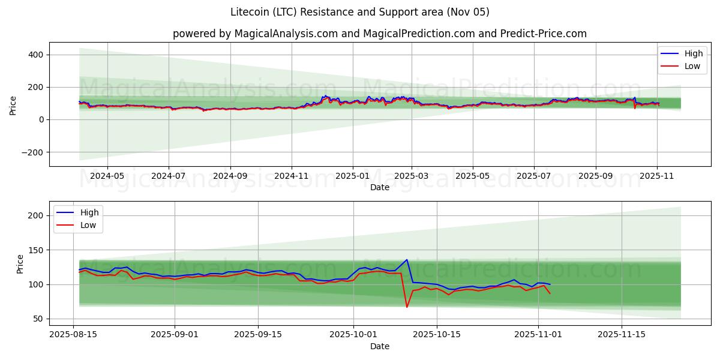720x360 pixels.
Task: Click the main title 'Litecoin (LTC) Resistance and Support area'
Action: [360, 12]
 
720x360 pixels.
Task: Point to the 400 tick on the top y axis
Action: [35, 55]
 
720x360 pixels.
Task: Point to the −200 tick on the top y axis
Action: [31, 152]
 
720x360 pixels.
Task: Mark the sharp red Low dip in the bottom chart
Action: [407, 307]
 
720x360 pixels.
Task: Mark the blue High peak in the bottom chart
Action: [407, 260]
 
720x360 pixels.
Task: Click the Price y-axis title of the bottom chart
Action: [20, 264]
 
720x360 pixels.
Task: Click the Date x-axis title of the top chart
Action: [380, 188]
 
